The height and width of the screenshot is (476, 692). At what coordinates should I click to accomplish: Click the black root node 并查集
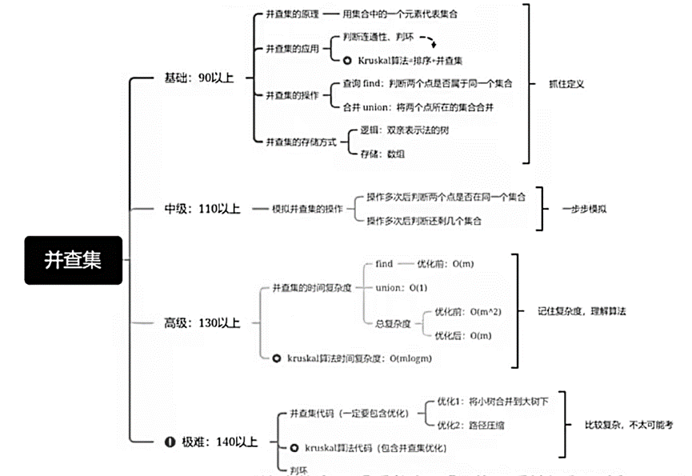click(73, 260)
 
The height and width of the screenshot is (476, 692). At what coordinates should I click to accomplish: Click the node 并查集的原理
click(293, 14)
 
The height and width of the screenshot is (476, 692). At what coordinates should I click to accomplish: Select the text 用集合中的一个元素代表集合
click(400, 14)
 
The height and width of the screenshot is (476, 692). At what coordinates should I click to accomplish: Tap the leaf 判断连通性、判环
click(378, 37)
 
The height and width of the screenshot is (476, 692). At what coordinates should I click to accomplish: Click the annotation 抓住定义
click(566, 84)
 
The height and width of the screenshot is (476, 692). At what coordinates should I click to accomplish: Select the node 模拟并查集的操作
click(298, 209)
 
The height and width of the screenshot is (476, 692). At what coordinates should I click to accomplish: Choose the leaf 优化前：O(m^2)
click(467, 311)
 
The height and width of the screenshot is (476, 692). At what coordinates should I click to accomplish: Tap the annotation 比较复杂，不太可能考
click(630, 425)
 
